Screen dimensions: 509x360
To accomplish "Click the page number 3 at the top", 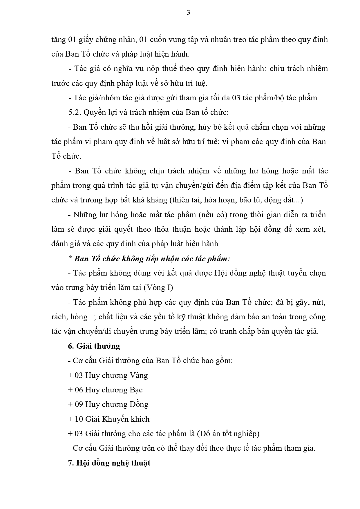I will (x=188, y=13).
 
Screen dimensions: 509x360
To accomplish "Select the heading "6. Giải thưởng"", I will (x=94, y=346).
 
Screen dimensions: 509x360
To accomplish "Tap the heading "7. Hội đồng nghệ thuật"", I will (x=109, y=463).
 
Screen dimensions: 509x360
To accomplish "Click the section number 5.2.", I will (x=74, y=112).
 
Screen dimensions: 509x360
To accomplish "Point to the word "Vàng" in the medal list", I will (x=139, y=375).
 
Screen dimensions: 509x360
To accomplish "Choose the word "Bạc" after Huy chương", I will (x=136, y=390).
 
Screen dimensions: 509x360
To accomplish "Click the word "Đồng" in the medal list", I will (x=139, y=404).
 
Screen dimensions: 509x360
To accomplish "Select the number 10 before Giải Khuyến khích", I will (x=79, y=419).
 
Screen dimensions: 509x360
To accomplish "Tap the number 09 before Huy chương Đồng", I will (x=79, y=404).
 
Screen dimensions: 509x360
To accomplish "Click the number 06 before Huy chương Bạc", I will (x=79, y=390).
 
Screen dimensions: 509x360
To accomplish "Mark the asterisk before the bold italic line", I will (x=70, y=258).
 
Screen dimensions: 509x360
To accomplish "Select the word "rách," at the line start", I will (x=59, y=317).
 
